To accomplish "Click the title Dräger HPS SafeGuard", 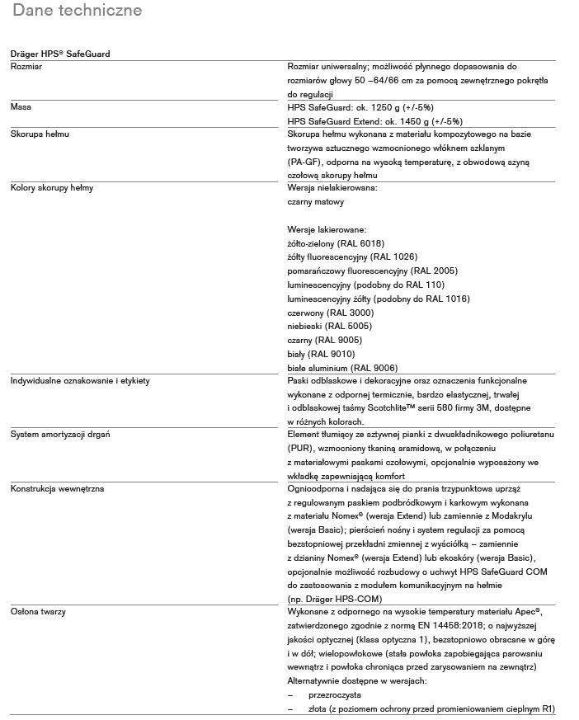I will coord(60,54).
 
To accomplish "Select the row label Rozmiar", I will coord(26,65).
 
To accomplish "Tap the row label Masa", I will coord(21,106).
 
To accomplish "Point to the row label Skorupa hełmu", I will coord(37,134).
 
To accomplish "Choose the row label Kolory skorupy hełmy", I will coord(51,188).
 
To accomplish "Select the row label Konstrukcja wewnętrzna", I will coord(57,489).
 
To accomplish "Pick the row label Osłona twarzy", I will coord(39,612).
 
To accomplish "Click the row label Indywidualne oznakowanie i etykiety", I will coord(79,380).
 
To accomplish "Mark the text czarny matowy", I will coord(316,202).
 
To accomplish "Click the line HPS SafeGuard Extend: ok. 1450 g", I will coord(364,120).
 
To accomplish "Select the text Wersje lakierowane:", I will coord(327,229).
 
